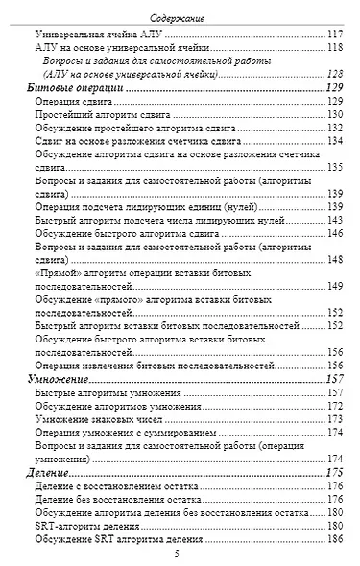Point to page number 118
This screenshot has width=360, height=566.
pos(335,48)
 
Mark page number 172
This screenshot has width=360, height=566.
pos(335,406)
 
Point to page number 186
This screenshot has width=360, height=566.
pos(335,540)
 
